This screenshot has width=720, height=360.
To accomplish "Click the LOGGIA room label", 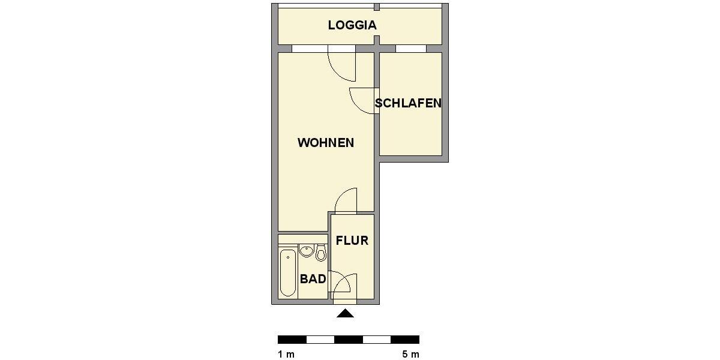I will tap(352, 25).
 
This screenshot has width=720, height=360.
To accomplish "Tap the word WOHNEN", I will tap(326, 143).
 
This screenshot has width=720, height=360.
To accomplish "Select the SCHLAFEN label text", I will tap(408, 103).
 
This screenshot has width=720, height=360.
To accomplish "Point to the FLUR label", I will tap(352, 241).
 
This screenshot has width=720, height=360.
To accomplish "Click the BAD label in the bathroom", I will tap(313, 279).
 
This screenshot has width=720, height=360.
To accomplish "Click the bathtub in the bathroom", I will tap(288, 273).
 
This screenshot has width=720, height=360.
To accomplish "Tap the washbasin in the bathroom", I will tap(307, 251).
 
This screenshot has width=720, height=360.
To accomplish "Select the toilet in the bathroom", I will tap(321, 254).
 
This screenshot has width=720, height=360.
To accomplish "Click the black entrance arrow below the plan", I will tap(346, 313).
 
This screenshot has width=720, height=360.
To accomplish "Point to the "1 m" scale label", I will tap(286, 354).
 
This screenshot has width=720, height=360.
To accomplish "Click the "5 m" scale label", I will tap(411, 354).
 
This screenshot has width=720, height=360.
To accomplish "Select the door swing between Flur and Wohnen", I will tap(347, 200).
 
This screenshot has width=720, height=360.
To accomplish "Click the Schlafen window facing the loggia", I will tap(410, 49).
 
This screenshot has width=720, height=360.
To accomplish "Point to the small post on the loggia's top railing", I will tap(377, 7).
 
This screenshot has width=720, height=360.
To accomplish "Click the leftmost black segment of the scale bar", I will tap(292, 340).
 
